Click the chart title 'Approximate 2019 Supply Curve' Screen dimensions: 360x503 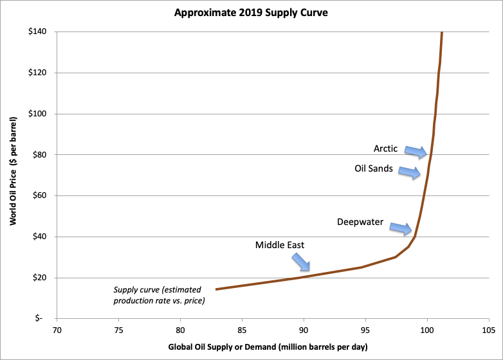coord(251,13)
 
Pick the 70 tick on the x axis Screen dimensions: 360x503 coord(57,330)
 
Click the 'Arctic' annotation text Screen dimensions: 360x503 coord(386,148)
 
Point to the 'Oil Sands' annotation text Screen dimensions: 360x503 coord(374,169)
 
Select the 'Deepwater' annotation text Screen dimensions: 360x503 coord(360,222)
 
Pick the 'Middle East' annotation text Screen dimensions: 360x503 coord(279,245)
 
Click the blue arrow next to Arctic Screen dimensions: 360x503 coord(416,151)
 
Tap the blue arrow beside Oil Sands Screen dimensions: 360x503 coord(410,172)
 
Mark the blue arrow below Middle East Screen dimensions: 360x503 coord(300,261)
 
